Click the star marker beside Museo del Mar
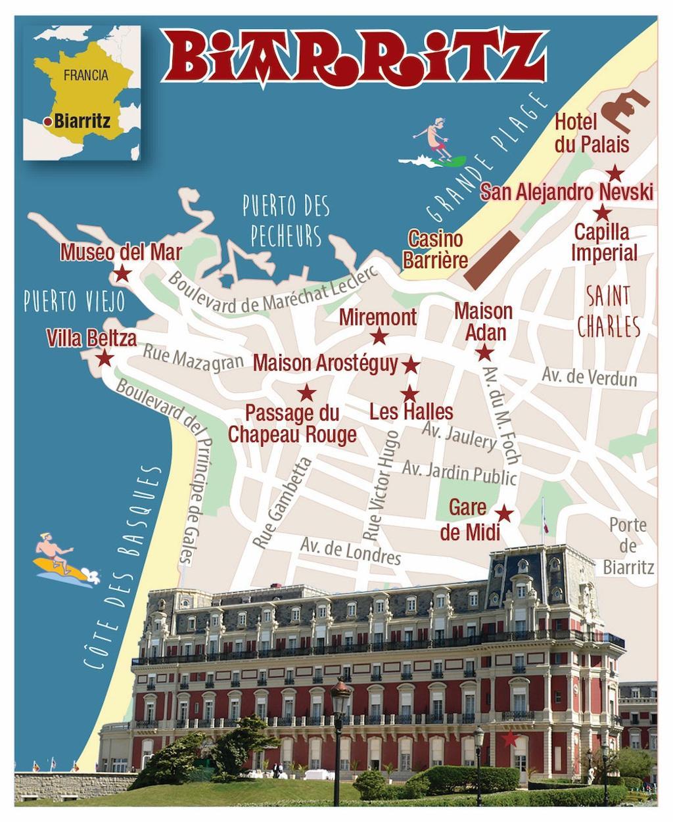(x=122, y=273)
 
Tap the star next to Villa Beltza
(x=104, y=359)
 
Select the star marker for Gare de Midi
(x=504, y=513)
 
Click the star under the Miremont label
(x=379, y=337)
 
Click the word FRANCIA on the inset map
(x=86, y=75)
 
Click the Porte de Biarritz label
(x=628, y=545)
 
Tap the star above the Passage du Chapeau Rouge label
(x=306, y=394)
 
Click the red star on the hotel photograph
(x=509, y=739)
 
